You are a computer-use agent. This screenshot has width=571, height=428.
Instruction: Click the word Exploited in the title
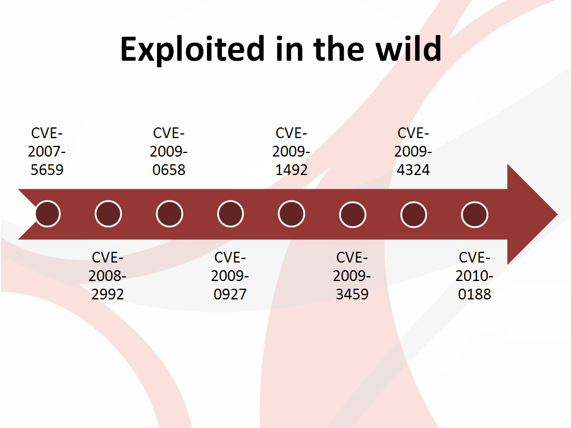pos(192,49)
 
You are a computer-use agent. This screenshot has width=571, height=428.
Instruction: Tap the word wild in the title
pos(409,48)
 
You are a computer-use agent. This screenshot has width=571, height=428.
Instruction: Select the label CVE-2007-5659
pos(47,151)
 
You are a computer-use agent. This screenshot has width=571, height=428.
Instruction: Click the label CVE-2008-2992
pos(108,276)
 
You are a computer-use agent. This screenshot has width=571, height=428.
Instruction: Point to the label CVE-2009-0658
pos(168,151)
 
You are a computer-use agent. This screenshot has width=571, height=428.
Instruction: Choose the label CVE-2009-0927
pos(230,276)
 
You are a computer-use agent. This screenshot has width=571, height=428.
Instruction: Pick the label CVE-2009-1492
pos(291,151)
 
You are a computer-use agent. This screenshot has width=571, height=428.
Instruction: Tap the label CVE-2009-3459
pos(352,276)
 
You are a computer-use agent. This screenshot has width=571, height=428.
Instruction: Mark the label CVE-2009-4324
pos(413,151)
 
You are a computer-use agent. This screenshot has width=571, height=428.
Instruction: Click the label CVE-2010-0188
pos(474,276)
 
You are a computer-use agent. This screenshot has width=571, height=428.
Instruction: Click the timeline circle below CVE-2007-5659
pos(48,214)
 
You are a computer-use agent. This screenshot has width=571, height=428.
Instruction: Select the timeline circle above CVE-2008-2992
pos(108,214)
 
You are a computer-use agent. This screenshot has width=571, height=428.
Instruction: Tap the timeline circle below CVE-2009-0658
pos(170,214)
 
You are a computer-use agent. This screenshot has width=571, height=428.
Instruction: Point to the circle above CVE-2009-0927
pos(231,214)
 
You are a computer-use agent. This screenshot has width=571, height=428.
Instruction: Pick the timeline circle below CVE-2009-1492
pos(291,214)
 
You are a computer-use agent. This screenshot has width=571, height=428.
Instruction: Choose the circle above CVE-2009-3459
pos(353,214)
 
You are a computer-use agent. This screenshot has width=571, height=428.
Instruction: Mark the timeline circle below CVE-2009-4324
pos(414,214)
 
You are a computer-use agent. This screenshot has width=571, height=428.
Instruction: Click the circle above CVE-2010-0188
pos(475,214)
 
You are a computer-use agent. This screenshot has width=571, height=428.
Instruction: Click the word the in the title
pos(338,48)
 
